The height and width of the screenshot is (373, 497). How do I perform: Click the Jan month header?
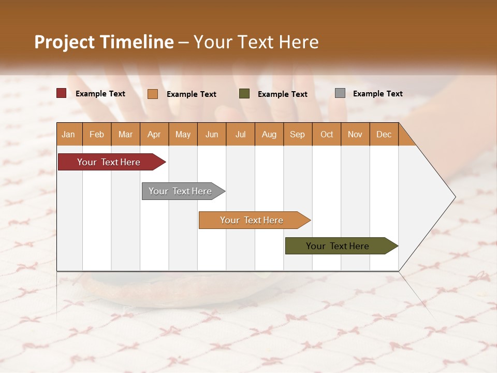69,134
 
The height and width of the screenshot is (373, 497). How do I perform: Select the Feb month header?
97,134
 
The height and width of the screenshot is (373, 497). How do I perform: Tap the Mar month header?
125,134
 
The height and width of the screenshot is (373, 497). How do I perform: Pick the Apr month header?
154,134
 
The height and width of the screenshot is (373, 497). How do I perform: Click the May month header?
183,134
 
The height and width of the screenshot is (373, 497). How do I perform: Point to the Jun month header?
212,134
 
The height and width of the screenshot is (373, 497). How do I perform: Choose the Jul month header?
240,134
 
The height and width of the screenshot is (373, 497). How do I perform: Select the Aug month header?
269,134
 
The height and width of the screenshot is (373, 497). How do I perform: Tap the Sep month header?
298,134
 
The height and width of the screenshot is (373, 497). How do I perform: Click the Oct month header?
327,134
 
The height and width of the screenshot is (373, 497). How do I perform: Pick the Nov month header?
355,134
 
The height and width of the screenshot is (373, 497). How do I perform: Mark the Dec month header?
384,134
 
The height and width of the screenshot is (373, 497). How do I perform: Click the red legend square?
62,93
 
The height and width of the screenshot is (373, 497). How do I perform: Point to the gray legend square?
340,93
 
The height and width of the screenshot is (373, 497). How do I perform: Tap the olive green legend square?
244,94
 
